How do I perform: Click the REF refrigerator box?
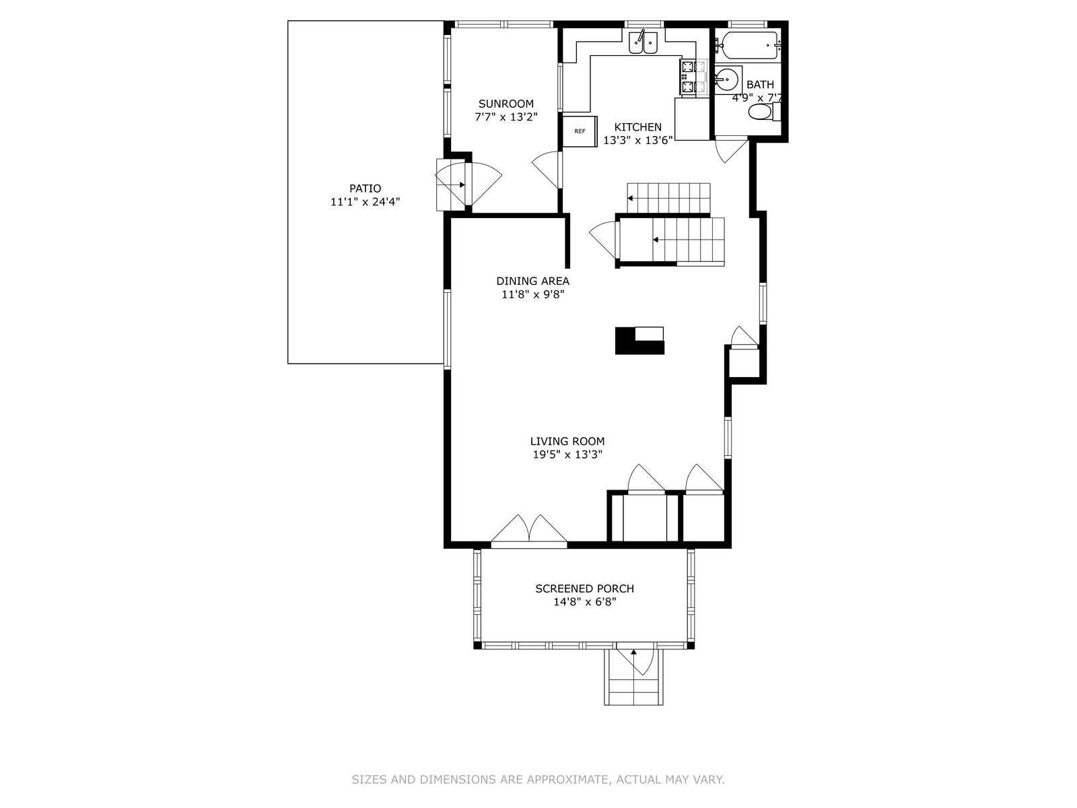[580, 131]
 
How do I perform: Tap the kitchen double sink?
[643, 42]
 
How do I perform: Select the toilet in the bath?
[765, 112]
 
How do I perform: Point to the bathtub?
[749, 46]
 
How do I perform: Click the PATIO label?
[365, 189]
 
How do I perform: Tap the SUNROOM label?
[506, 104]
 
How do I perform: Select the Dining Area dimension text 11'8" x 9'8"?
[533, 294]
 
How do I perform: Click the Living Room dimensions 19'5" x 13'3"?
[567, 454]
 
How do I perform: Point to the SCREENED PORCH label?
[584, 588]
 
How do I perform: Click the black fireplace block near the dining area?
[639, 341]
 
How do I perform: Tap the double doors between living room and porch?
[529, 531]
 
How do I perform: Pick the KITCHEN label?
[638, 127]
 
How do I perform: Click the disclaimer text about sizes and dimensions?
[538, 779]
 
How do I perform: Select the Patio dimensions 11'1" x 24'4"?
[365, 201]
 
